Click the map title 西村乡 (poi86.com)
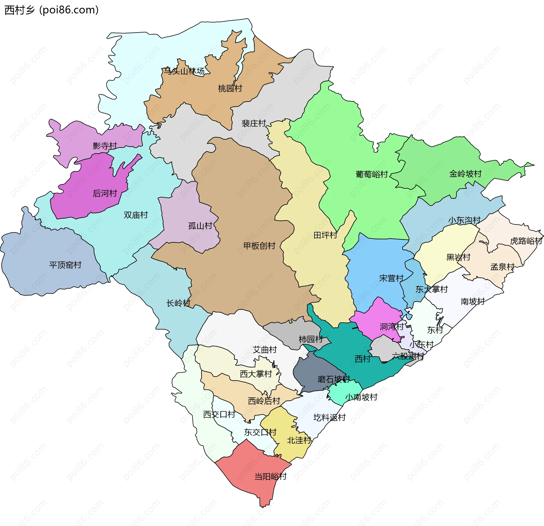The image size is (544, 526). pos(52,10)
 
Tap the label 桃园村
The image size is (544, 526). pos(230,89)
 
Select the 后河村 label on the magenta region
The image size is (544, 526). pos(105,193)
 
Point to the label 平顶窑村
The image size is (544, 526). pos(65,265)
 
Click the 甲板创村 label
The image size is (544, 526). pos(259,246)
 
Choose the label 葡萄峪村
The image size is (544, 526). pos(371,174)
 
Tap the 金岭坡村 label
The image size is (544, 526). pos(465,174)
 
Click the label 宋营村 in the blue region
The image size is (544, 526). pos(391,278)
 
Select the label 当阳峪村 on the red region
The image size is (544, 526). pos(270,476)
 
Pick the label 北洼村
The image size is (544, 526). pos(299,440)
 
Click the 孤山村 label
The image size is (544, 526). pos(200,226)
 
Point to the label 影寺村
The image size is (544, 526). pos(105,146)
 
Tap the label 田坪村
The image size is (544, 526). pos(325,235)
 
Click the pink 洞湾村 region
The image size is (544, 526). pos(380,317)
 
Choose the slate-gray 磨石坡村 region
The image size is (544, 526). pos(312,371)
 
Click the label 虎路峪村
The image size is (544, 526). pos(526,241)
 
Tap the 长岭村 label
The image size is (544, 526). pos(178,303)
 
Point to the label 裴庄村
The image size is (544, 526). pos(254,123)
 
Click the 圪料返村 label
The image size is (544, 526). pos(329,417)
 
